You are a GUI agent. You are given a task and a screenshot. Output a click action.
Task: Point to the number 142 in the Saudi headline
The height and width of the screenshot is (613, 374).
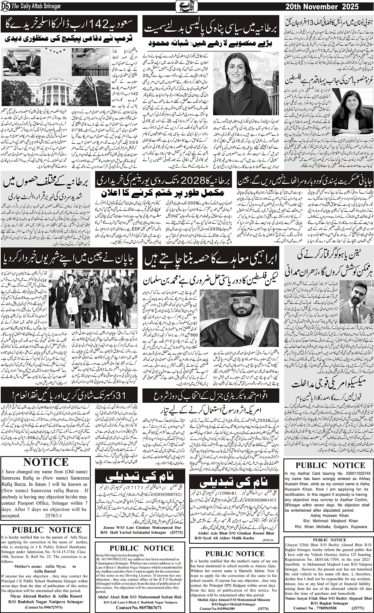(x=96, y=24)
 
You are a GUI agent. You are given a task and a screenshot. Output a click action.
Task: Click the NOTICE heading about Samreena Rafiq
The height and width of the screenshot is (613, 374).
(x=46, y=462)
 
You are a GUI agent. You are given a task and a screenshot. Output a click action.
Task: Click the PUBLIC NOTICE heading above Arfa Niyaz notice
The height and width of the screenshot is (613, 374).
(x=47, y=530)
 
